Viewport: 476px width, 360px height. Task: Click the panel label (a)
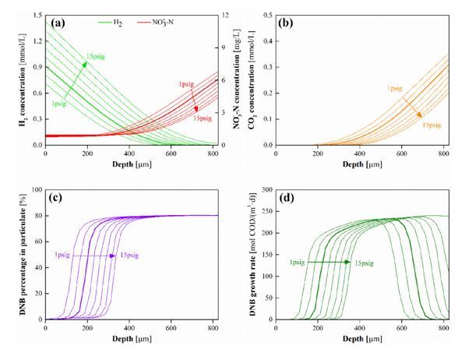[x=57, y=23]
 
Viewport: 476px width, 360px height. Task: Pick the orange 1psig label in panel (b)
[x=393, y=88]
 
